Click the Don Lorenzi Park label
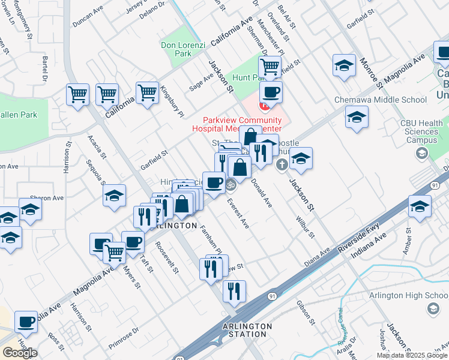point(176,49)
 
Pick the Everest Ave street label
point(238,214)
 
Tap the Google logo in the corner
point(19,352)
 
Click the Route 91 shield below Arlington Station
point(179,358)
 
